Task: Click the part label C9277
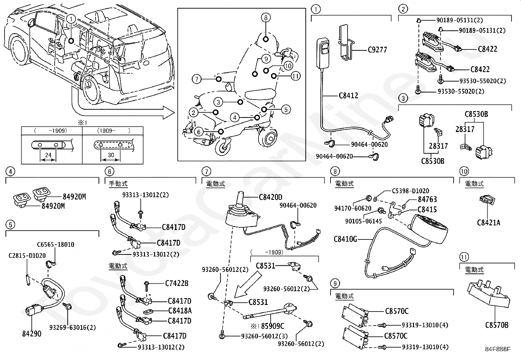pos(377,50)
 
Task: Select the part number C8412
pos(348,96)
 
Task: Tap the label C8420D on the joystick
pos(270,197)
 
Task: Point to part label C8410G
pos(345,239)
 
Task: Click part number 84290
pos(32,334)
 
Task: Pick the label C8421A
pos(488,223)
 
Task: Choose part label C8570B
pos(496,325)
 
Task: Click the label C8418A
pos(180,311)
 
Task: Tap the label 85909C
pos(272,326)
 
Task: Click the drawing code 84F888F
pos(497,349)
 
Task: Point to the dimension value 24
pos(48,155)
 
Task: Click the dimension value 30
pos(111,155)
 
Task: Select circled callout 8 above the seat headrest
pos(266,17)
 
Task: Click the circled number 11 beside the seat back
pos(295,76)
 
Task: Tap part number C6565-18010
pos(55,244)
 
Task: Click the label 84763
pos(427,199)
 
